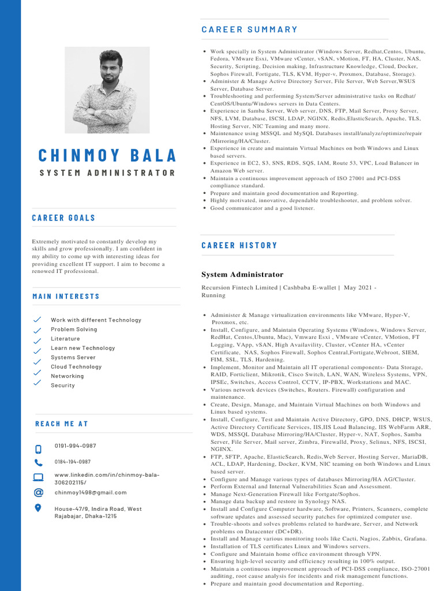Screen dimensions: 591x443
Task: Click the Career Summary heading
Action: (x=249, y=29)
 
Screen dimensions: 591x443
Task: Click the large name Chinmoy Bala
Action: (x=107, y=155)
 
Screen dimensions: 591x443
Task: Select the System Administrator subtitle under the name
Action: (x=107, y=173)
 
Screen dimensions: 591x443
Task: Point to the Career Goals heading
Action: (x=63, y=218)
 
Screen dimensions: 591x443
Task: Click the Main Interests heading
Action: (x=66, y=296)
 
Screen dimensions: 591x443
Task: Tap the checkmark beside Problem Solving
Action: (x=37, y=330)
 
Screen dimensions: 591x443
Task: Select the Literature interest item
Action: (x=65, y=339)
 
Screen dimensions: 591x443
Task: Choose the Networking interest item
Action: (x=67, y=376)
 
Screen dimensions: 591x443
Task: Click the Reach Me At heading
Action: (x=62, y=424)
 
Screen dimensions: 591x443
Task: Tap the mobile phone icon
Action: (x=38, y=448)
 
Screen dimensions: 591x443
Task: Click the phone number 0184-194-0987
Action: (x=73, y=462)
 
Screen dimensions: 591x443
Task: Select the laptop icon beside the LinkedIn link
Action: (x=38, y=477)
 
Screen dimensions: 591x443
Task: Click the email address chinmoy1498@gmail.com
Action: (x=91, y=492)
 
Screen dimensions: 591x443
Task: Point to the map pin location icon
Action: (x=38, y=508)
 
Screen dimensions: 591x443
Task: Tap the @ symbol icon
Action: (x=38, y=492)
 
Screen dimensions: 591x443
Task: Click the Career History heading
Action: (x=239, y=245)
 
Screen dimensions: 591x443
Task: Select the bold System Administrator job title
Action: (x=242, y=274)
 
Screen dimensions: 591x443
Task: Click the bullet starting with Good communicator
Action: (x=262, y=208)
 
